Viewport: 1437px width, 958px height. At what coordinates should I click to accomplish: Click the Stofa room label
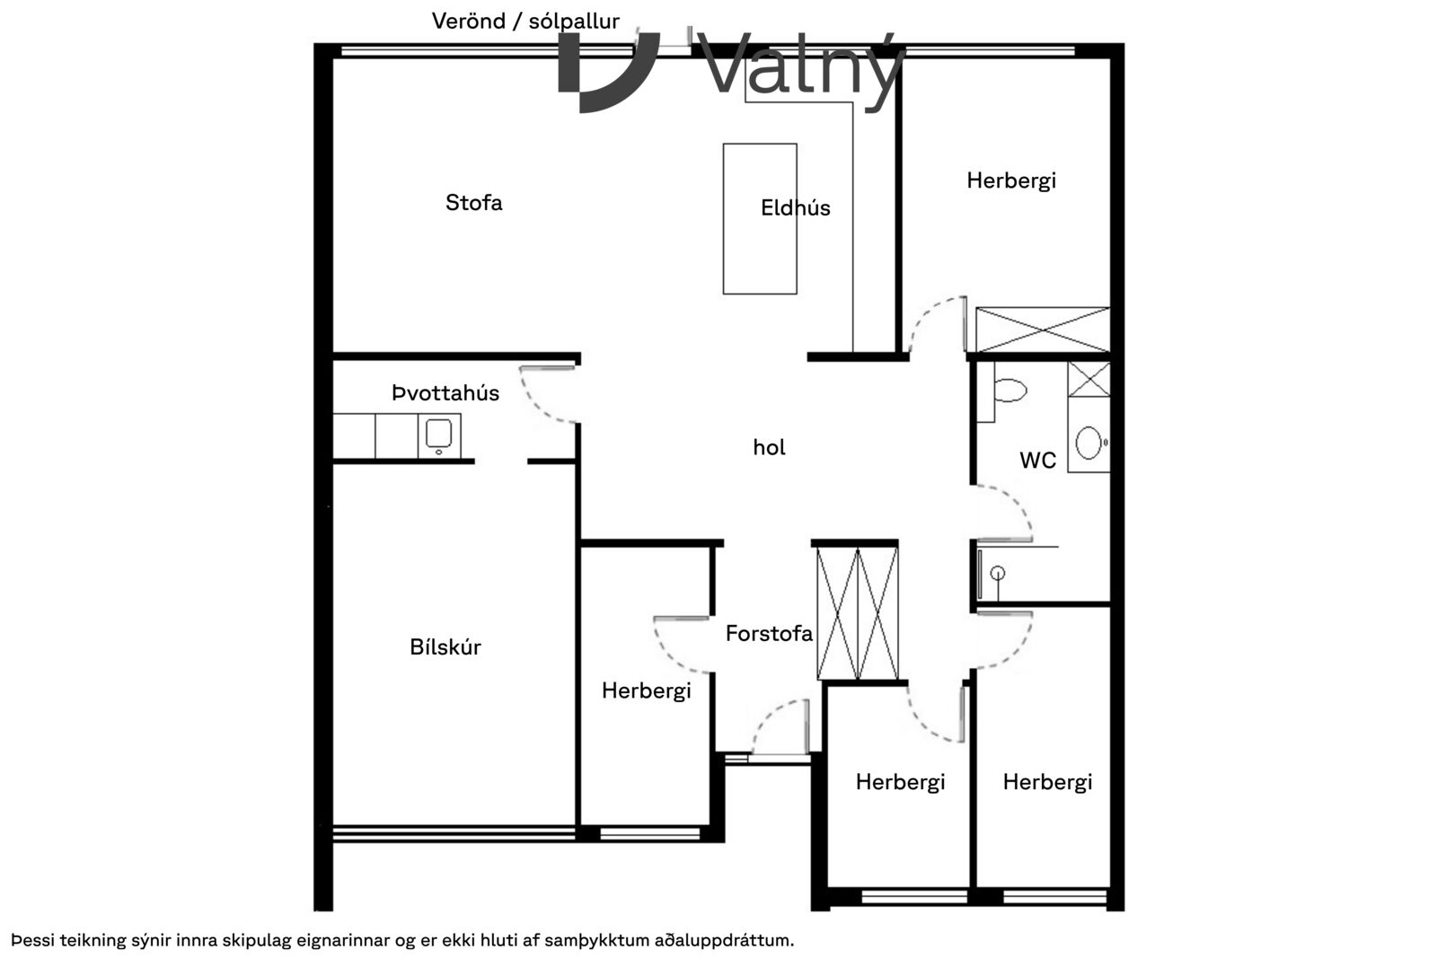[x=474, y=203]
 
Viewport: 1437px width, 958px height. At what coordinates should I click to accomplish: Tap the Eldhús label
[x=796, y=207]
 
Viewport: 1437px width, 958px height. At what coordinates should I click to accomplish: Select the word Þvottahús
[x=445, y=393]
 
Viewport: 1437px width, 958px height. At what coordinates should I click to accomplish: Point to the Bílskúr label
[x=445, y=647]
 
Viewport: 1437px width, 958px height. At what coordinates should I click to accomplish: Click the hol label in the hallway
[x=769, y=447]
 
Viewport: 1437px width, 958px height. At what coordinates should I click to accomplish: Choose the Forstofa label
[x=769, y=634]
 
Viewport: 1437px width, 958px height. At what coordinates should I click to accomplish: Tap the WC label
[x=1037, y=460]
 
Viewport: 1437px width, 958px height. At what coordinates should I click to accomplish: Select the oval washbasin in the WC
[x=1089, y=444]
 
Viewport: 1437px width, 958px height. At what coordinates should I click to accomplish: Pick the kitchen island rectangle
[x=760, y=219]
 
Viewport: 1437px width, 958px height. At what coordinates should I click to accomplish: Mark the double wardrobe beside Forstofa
[x=857, y=613]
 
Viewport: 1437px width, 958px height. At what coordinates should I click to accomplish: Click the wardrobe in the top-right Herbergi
[x=1043, y=330]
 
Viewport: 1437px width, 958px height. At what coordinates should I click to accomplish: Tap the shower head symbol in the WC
[x=998, y=574]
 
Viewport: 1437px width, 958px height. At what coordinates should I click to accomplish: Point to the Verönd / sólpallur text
[x=525, y=22]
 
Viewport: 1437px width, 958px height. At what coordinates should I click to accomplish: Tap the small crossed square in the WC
[x=1089, y=380]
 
